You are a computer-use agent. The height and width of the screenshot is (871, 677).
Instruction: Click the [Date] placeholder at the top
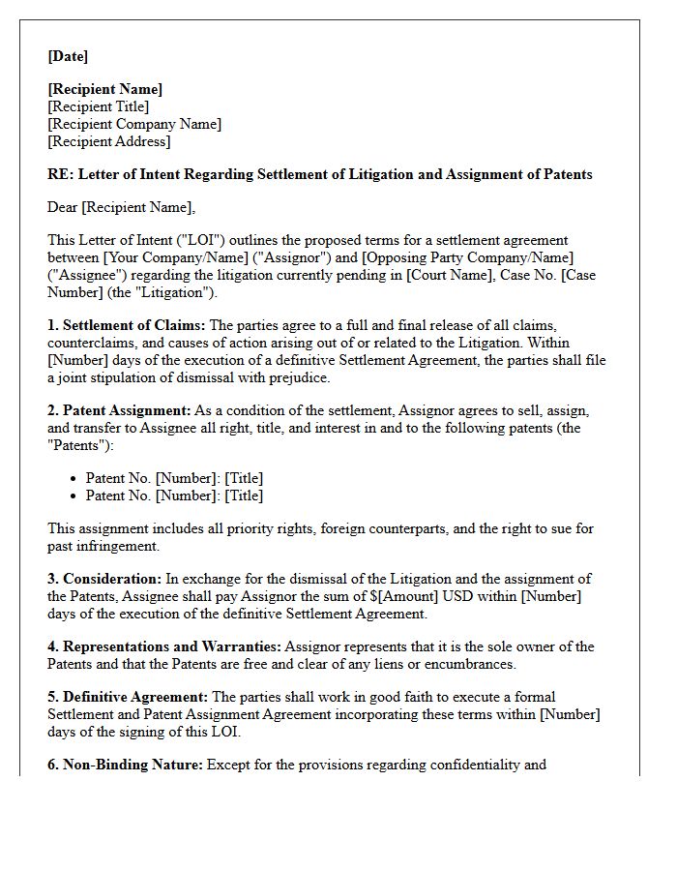point(68,57)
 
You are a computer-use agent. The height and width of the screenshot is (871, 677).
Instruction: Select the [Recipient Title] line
point(99,106)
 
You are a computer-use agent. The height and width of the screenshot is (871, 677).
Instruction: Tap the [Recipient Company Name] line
point(134,124)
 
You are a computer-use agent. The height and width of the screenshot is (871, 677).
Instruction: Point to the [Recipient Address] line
point(109,141)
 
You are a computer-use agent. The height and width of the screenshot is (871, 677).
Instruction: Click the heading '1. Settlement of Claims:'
point(126,325)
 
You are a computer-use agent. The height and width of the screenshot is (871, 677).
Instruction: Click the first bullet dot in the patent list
point(74,479)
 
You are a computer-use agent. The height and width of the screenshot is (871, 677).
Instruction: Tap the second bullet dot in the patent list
point(74,496)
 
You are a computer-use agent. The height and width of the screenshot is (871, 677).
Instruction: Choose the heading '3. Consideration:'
point(104,579)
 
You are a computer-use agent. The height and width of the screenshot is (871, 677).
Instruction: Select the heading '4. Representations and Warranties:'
point(164,646)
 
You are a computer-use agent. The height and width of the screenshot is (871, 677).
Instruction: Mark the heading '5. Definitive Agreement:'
point(128,697)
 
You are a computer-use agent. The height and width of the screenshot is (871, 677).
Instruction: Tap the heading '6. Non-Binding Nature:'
point(125,765)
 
